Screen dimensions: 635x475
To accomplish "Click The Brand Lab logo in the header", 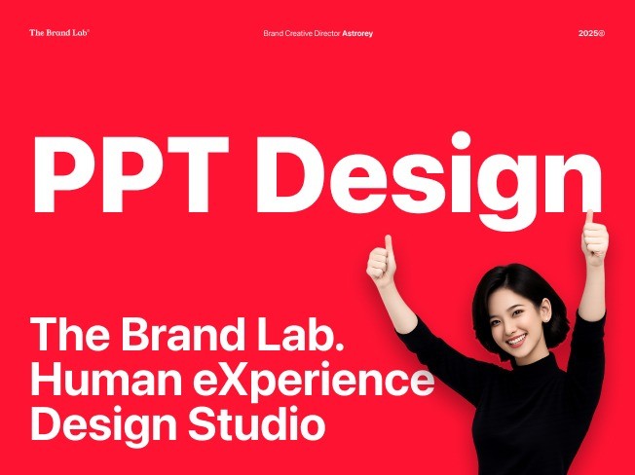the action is tap(59, 33).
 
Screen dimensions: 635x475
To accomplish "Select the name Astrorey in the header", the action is tap(357, 34).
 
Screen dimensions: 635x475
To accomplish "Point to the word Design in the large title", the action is tap(430, 180).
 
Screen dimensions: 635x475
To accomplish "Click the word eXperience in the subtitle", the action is tap(314, 383).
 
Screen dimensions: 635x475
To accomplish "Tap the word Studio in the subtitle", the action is tap(257, 423).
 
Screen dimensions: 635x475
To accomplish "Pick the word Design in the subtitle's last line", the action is tap(103, 427).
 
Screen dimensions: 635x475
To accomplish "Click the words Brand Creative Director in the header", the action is tap(302, 34).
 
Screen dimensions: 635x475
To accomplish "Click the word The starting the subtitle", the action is tap(70, 334).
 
